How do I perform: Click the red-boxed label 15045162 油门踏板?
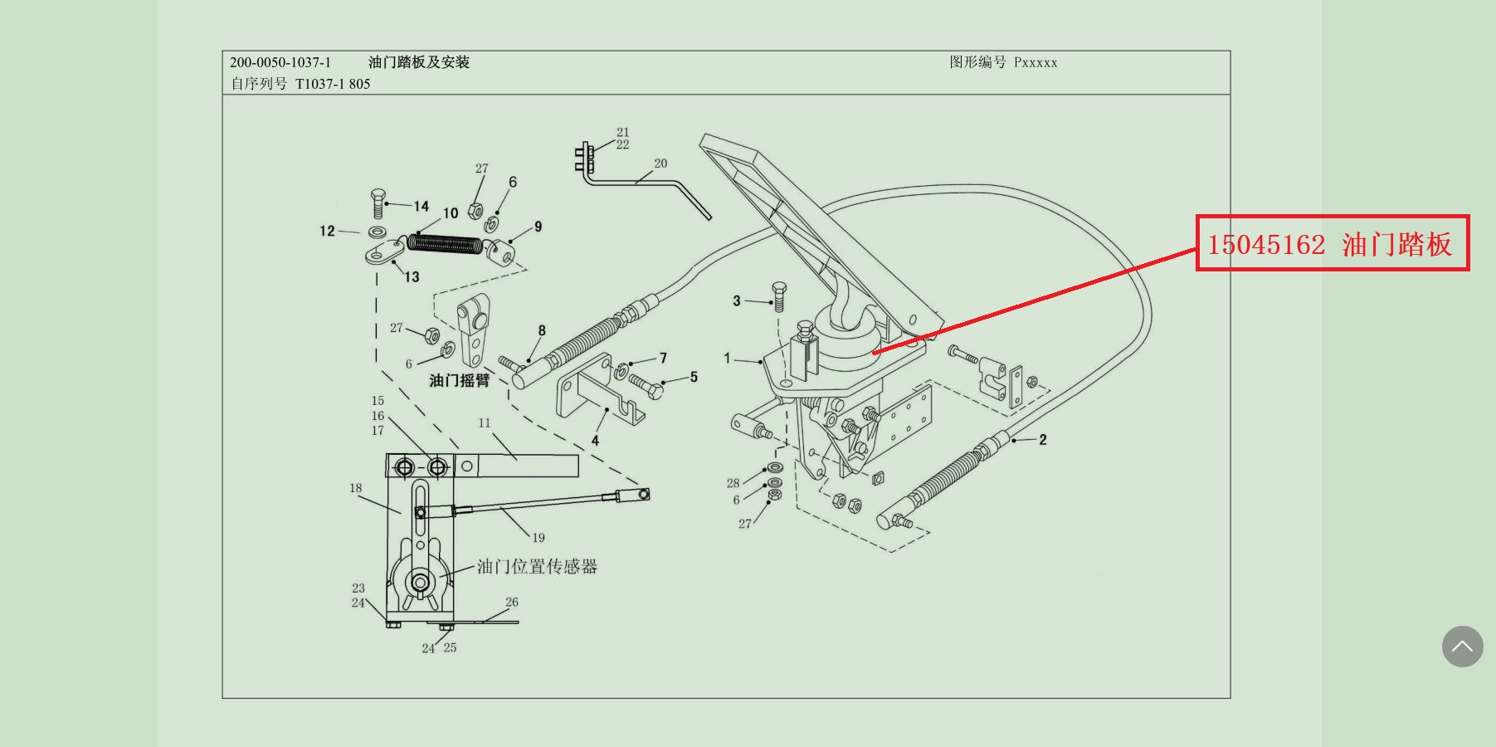tap(1331, 244)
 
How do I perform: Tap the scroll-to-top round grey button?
tap(1462, 647)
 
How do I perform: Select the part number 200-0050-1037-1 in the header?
tap(280, 62)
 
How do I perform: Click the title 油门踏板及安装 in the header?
tap(419, 62)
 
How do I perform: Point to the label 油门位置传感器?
tap(537, 567)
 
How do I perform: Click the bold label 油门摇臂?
tap(460, 380)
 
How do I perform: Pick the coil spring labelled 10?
tap(446, 244)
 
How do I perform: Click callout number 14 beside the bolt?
tap(422, 206)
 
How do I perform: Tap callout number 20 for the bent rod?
tap(660, 164)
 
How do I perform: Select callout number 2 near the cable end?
tap(1043, 440)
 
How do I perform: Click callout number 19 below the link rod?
tap(538, 538)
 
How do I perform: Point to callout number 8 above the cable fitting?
tap(542, 330)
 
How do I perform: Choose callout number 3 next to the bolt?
tap(737, 300)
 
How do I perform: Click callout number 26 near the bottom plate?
tap(512, 603)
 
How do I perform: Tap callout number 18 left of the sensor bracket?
tap(356, 488)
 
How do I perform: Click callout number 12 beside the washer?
tap(327, 231)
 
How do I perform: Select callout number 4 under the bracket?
tap(595, 441)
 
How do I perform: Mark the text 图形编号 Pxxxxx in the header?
tap(1003, 62)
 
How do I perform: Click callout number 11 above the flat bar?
tap(485, 423)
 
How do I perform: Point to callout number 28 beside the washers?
tap(733, 483)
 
